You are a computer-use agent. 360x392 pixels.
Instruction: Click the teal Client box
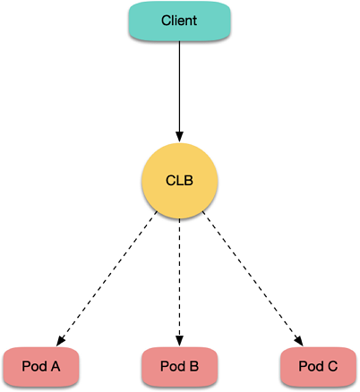click(179, 21)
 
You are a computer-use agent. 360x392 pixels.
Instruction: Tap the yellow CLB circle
click(179, 181)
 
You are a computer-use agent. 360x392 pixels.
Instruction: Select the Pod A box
click(41, 366)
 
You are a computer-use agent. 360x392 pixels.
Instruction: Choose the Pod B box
click(179, 366)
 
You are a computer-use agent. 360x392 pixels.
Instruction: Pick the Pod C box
click(318, 366)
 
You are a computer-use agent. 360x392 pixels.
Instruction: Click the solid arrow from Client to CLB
click(179, 91)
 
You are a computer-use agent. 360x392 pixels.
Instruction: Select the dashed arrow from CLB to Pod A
click(107, 278)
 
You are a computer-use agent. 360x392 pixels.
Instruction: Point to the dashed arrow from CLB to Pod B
click(179, 283)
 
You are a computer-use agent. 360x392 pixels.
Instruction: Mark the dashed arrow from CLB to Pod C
click(253, 278)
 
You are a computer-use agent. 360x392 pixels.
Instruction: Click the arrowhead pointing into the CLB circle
click(179, 137)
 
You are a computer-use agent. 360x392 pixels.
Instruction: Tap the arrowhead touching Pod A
click(60, 341)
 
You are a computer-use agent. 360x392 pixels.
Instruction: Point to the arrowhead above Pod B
click(179, 341)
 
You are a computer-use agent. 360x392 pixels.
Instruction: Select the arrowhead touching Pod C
click(299, 341)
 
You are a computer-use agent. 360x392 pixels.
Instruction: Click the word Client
click(179, 21)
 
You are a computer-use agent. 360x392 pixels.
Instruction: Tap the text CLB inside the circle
click(179, 181)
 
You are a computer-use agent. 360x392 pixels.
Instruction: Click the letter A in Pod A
click(56, 366)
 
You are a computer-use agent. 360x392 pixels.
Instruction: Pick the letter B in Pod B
click(194, 366)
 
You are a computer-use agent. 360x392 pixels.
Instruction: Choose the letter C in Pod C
click(332, 366)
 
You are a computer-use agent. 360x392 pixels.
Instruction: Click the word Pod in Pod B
click(173, 366)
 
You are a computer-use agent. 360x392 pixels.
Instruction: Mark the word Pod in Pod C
click(312, 366)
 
